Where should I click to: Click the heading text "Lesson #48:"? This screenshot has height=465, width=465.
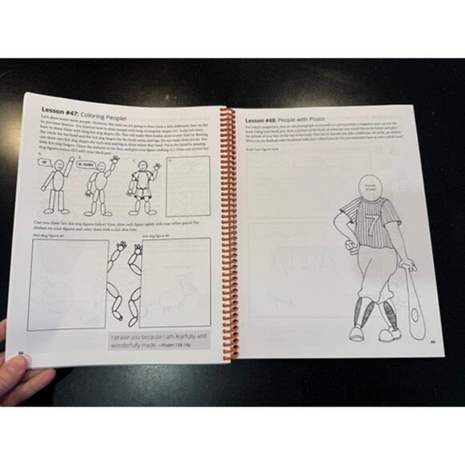point(271,113)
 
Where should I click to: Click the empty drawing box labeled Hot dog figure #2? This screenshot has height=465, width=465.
point(177,281)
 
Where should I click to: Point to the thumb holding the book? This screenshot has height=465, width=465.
point(18,361)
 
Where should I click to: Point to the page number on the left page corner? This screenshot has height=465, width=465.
point(22,351)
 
